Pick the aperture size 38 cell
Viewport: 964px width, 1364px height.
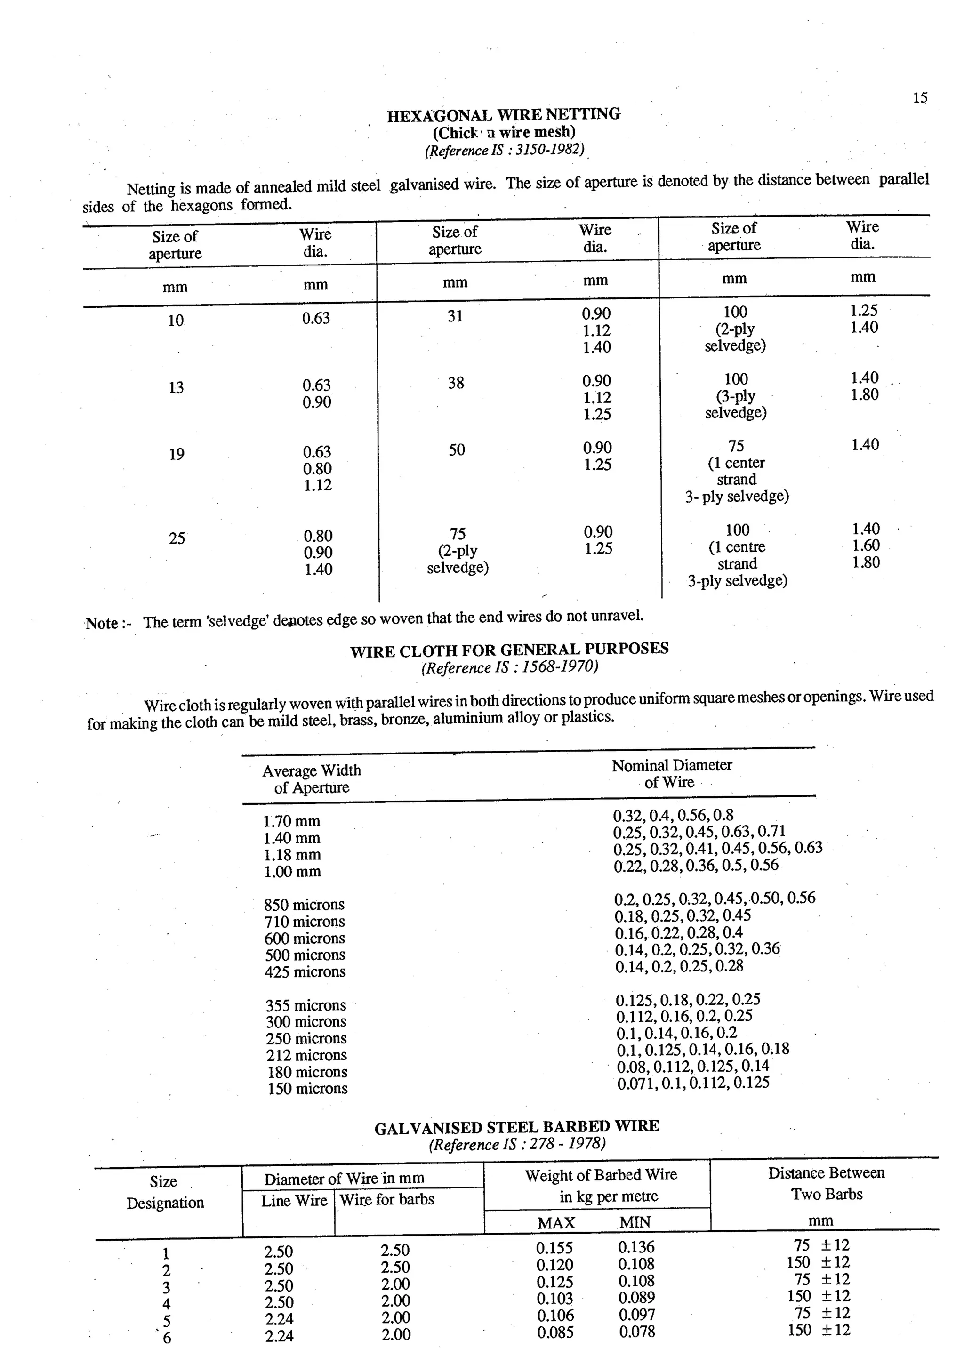pyautogui.click(x=456, y=383)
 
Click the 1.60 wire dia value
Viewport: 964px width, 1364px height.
pyautogui.click(x=866, y=546)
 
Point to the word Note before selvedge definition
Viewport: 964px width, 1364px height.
pyautogui.click(x=102, y=623)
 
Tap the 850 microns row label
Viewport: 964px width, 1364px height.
pyautogui.click(x=304, y=905)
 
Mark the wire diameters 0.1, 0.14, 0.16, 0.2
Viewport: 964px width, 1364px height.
pyautogui.click(x=676, y=1033)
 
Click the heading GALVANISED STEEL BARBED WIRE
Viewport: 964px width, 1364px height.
pyautogui.click(x=517, y=1127)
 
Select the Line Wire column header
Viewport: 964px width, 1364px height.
pyautogui.click(x=294, y=1201)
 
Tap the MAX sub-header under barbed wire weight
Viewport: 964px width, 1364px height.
pyautogui.click(x=556, y=1223)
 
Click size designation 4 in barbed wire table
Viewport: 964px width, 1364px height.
pyautogui.click(x=166, y=1304)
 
